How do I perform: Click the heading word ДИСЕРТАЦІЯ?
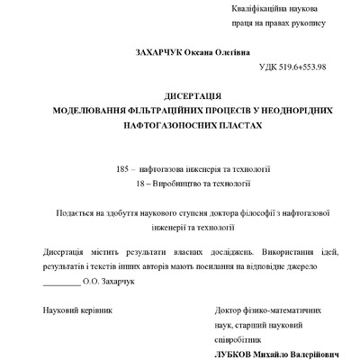tap(193, 94)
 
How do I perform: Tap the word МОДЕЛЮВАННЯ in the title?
tap(86, 110)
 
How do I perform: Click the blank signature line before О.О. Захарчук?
tap(60, 283)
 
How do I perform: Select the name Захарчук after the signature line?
tap(114, 282)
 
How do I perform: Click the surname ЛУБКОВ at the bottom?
tap(238, 355)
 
